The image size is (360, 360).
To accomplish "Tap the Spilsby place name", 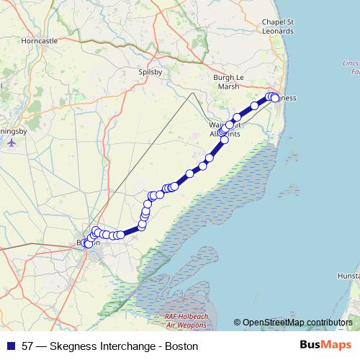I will (x=150, y=73).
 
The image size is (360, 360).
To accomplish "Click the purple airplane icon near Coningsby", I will (x=11, y=143).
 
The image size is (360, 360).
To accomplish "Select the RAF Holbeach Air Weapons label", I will (x=180, y=321).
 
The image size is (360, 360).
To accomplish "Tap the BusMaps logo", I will (x=325, y=345).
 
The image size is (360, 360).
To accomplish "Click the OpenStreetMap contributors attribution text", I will (x=297, y=322).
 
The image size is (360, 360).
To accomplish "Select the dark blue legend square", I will (x=10, y=346).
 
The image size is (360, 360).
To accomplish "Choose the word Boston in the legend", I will (x=181, y=346).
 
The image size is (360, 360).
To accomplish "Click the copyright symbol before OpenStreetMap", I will (x=238, y=322).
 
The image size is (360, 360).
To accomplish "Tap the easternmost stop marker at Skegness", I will (x=275, y=99).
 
